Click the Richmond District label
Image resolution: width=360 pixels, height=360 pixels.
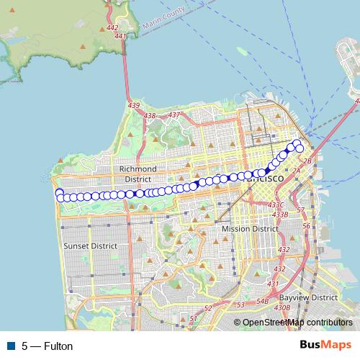pyautogui.click(x=137, y=174)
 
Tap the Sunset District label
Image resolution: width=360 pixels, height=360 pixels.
pyautogui.click(x=91, y=246)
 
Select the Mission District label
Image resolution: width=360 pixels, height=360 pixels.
pyautogui.click(x=249, y=228)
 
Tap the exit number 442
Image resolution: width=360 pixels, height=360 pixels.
pyautogui.click(x=112, y=27)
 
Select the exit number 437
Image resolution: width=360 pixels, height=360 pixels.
pyautogui.click(x=174, y=114)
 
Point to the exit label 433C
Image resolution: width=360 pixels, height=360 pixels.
pyautogui.click(x=276, y=205)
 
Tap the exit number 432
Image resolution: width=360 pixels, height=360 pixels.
pyautogui.click(x=284, y=249)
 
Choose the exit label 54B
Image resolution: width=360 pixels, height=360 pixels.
pyautogui.click(x=263, y=302)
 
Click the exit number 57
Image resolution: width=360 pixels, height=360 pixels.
pyautogui.click(x=300, y=210)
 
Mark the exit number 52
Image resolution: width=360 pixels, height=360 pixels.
pyautogui.click(x=208, y=308)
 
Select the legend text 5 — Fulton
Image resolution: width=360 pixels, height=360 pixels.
pyautogui.click(x=48, y=346)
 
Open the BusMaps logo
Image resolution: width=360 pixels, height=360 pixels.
pyautogui.click(x=325, y=346)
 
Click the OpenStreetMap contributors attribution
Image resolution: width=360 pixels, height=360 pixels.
pyautogui.click(x=297, y=323)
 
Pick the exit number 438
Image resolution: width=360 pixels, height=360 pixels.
pyautogui.click(x=150, y=115)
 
